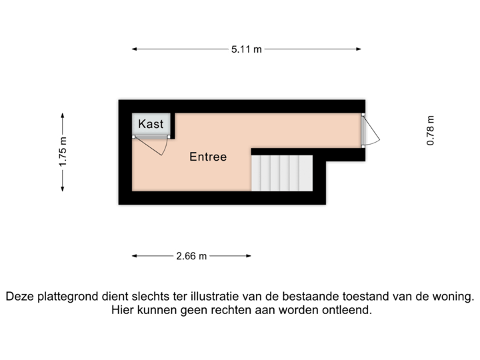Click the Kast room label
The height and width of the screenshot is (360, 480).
(x=151, y=124)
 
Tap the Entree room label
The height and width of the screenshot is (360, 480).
(x=208, y=157)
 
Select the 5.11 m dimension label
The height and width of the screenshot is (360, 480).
(x=247, y=49)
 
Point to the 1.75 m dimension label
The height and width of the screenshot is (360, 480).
(x=63, y=153)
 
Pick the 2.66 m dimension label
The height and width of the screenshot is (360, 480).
(x=191, y=255)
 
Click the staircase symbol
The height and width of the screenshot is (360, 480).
(x=281, y=173)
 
